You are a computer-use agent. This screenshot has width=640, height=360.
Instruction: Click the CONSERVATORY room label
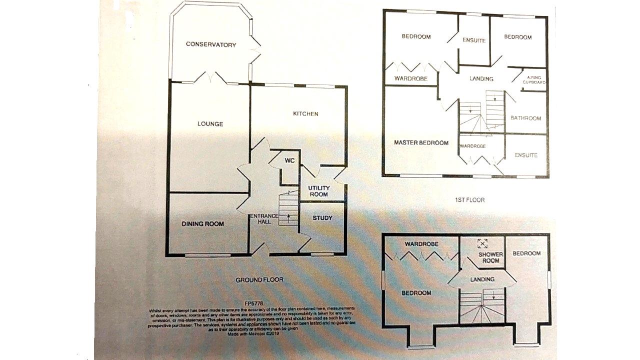tap(210, 44)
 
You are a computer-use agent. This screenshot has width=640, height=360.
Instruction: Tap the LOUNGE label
tap(210, 124)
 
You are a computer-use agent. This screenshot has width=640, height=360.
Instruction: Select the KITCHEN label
tap(305, 114)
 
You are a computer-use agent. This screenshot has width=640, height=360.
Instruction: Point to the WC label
tap(289, 160)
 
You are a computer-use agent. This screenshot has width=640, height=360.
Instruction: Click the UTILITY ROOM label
tap(318, 191)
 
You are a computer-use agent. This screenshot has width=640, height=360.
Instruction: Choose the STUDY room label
tap(322, 218)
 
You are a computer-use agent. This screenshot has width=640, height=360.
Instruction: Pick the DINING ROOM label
tap(202, 223)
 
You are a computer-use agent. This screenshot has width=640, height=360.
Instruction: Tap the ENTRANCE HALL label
tap(264, 218)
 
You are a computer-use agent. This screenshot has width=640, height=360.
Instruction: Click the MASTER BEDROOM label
tap(421, 143)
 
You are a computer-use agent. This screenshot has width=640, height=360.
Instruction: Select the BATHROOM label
tap(525, 118)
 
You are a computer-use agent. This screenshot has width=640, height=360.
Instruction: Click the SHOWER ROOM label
tap(490, 257)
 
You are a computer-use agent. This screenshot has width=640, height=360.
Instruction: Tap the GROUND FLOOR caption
tap(259, 280)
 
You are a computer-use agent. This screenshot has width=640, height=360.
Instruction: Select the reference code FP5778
tap(254, 303)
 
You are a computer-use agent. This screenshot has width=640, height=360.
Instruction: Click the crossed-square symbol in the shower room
tap(482, 243)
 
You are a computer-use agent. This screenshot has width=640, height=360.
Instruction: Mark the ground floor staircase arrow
tap(288, 216)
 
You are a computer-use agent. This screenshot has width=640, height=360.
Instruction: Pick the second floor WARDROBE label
tap(421, 244)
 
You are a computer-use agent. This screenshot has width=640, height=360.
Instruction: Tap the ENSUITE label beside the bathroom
tap(526, 155)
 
